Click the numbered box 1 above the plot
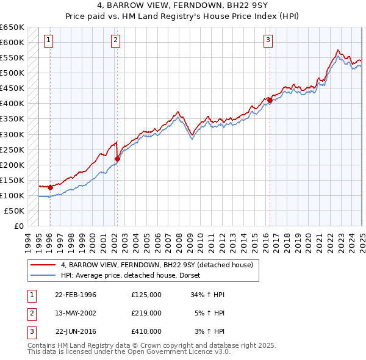[x=48, y=41]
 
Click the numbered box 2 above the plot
[x=115, y=41]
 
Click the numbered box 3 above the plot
[x=268, y=41]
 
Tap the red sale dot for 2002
[x=117, y=159]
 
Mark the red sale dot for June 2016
[x=270, y=100]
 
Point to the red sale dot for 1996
[x=50, y=187]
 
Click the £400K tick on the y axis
[x=12, y=104]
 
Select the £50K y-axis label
[x=15, y=211]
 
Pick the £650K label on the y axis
[x=12, y=27]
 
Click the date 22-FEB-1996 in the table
[x=76, y=295]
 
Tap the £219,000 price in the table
[x=146, y=313]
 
